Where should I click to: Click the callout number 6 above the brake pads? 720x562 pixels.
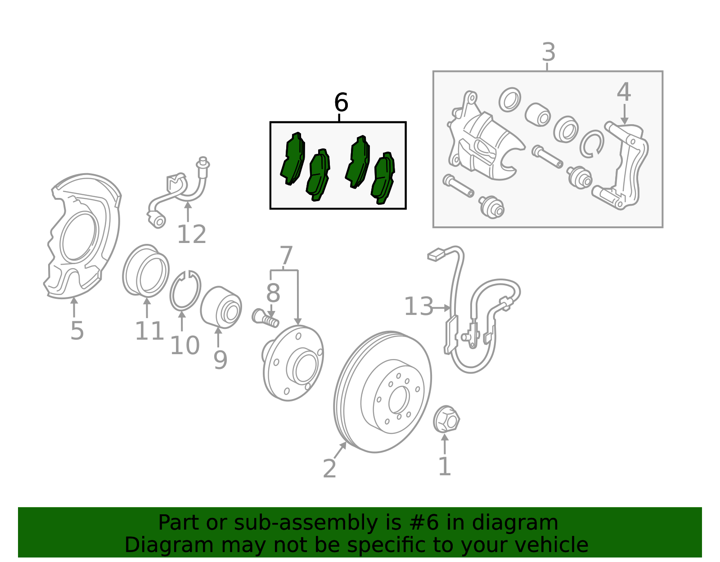coord(341,103)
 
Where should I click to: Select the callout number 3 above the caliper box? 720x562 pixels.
coord(549,52)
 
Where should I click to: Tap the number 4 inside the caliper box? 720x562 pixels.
coord(624,92)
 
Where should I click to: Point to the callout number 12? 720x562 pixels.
coord(192,234)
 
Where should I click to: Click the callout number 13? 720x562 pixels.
coord(419,306)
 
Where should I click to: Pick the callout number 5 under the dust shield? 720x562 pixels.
coord(77,331)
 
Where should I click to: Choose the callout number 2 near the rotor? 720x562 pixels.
coord(329,468)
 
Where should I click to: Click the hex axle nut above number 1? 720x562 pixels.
coord(446,419)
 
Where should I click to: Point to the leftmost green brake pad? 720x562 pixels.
coord(292,159)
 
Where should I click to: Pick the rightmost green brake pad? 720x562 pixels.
coord(383,179)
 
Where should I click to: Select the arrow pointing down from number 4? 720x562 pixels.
coord(624,115)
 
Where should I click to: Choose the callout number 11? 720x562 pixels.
coord(149,331)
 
